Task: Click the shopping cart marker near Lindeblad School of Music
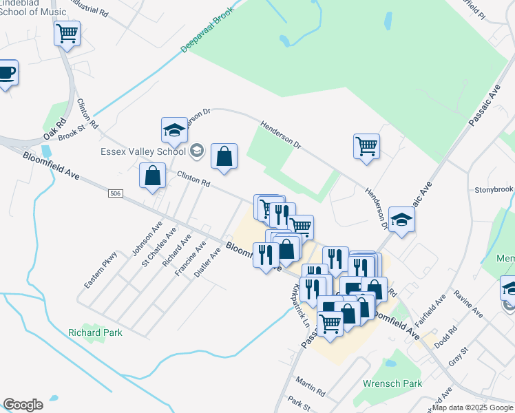pos(67,33)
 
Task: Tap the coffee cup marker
pos(7,73)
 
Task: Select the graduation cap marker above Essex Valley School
pos(175,129)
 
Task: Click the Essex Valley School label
pos(143,151)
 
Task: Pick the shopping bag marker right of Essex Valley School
pos(224,156)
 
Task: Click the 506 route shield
pos(116,194)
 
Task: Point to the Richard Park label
pos(95,332)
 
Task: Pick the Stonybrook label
pos(494,189)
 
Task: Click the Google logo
pos(23,405)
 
